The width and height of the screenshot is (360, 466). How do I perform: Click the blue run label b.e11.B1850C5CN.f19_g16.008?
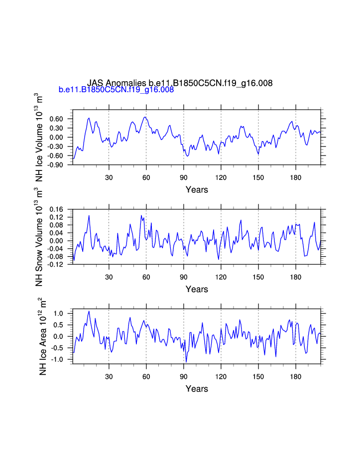coord(116,90)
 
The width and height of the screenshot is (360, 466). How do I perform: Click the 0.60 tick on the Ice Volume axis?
coord(58,119)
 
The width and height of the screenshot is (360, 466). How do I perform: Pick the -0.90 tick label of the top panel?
coord(57,165)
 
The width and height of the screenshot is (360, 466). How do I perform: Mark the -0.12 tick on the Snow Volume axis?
coord(57,265)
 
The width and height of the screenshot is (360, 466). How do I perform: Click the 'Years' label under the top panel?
coord(197,189)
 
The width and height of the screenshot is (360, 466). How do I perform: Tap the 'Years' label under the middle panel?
coord(197,289)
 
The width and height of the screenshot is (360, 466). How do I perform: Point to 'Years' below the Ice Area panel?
coord(197,389)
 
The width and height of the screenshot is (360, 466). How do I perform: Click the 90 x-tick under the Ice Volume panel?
coord(184,177)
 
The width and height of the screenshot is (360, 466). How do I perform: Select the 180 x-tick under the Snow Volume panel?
coord(295,277)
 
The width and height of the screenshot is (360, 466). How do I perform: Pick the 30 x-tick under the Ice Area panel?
coord(109,376)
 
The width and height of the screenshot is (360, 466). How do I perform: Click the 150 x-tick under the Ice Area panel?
coord(258,376)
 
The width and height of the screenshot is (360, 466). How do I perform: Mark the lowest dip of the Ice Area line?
coord(186,362)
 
